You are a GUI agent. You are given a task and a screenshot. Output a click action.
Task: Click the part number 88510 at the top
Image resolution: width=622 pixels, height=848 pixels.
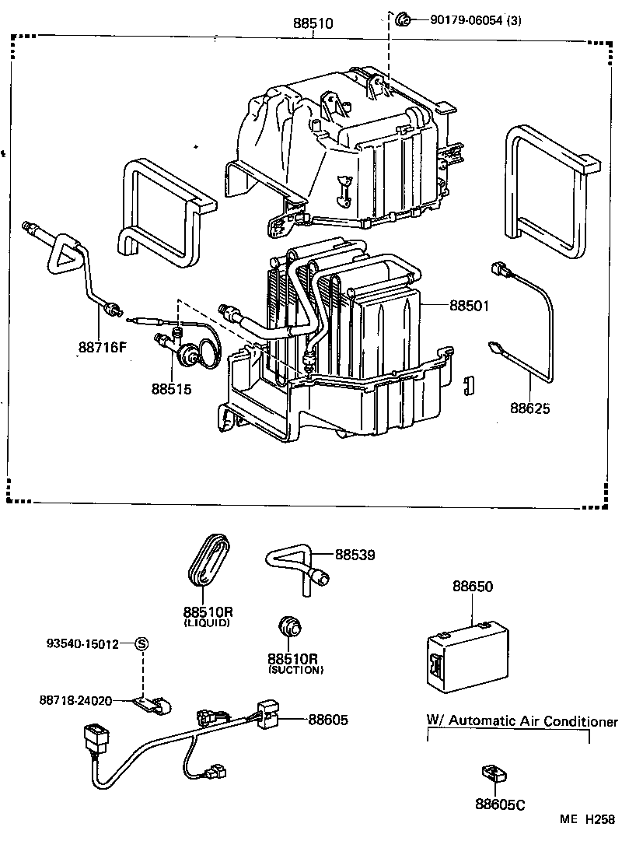313,24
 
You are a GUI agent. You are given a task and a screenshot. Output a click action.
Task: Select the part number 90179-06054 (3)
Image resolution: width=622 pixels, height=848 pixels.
475,21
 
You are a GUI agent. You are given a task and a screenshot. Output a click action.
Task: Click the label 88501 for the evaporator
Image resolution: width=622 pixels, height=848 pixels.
469,306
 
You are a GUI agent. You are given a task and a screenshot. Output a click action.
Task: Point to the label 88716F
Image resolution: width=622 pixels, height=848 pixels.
102,348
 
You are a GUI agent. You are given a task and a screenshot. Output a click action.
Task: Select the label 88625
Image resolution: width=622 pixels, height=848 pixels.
530,408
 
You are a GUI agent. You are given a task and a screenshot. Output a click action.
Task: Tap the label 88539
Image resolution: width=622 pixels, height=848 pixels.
355,555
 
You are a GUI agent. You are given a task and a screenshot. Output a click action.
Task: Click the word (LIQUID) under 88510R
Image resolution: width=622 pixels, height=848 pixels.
207,624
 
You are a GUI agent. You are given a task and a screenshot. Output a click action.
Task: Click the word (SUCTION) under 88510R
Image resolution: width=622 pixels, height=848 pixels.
295,670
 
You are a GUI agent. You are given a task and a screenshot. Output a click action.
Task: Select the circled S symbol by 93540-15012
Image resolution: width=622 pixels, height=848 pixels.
142,643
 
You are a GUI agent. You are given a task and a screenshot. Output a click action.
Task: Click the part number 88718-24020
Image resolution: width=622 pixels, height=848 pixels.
76,700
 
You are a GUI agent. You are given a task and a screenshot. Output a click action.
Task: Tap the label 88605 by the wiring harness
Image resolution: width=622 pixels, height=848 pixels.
327,720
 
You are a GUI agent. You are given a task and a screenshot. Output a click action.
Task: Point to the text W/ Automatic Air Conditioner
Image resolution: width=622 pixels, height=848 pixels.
522,721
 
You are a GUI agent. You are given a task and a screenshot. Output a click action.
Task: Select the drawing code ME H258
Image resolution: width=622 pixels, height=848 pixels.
589,819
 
